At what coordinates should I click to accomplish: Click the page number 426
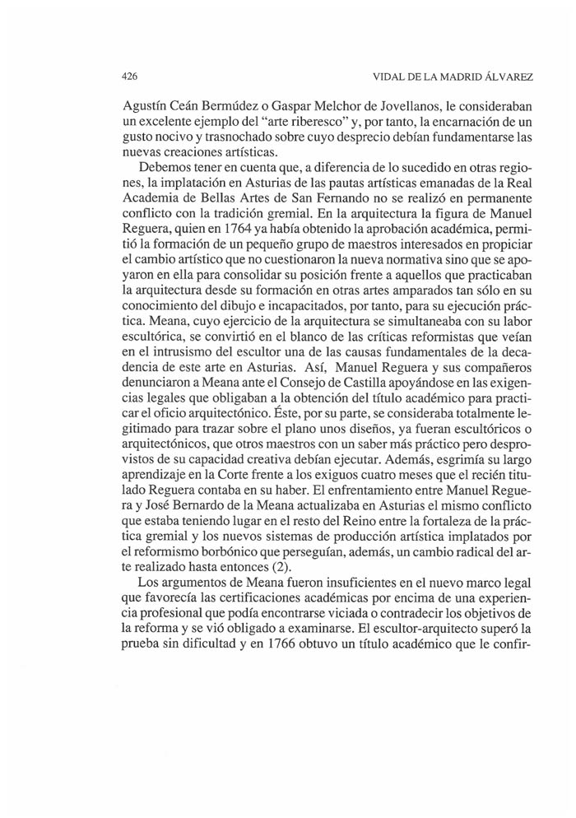coord(129,77)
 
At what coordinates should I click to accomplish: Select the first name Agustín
coord(145,107)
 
